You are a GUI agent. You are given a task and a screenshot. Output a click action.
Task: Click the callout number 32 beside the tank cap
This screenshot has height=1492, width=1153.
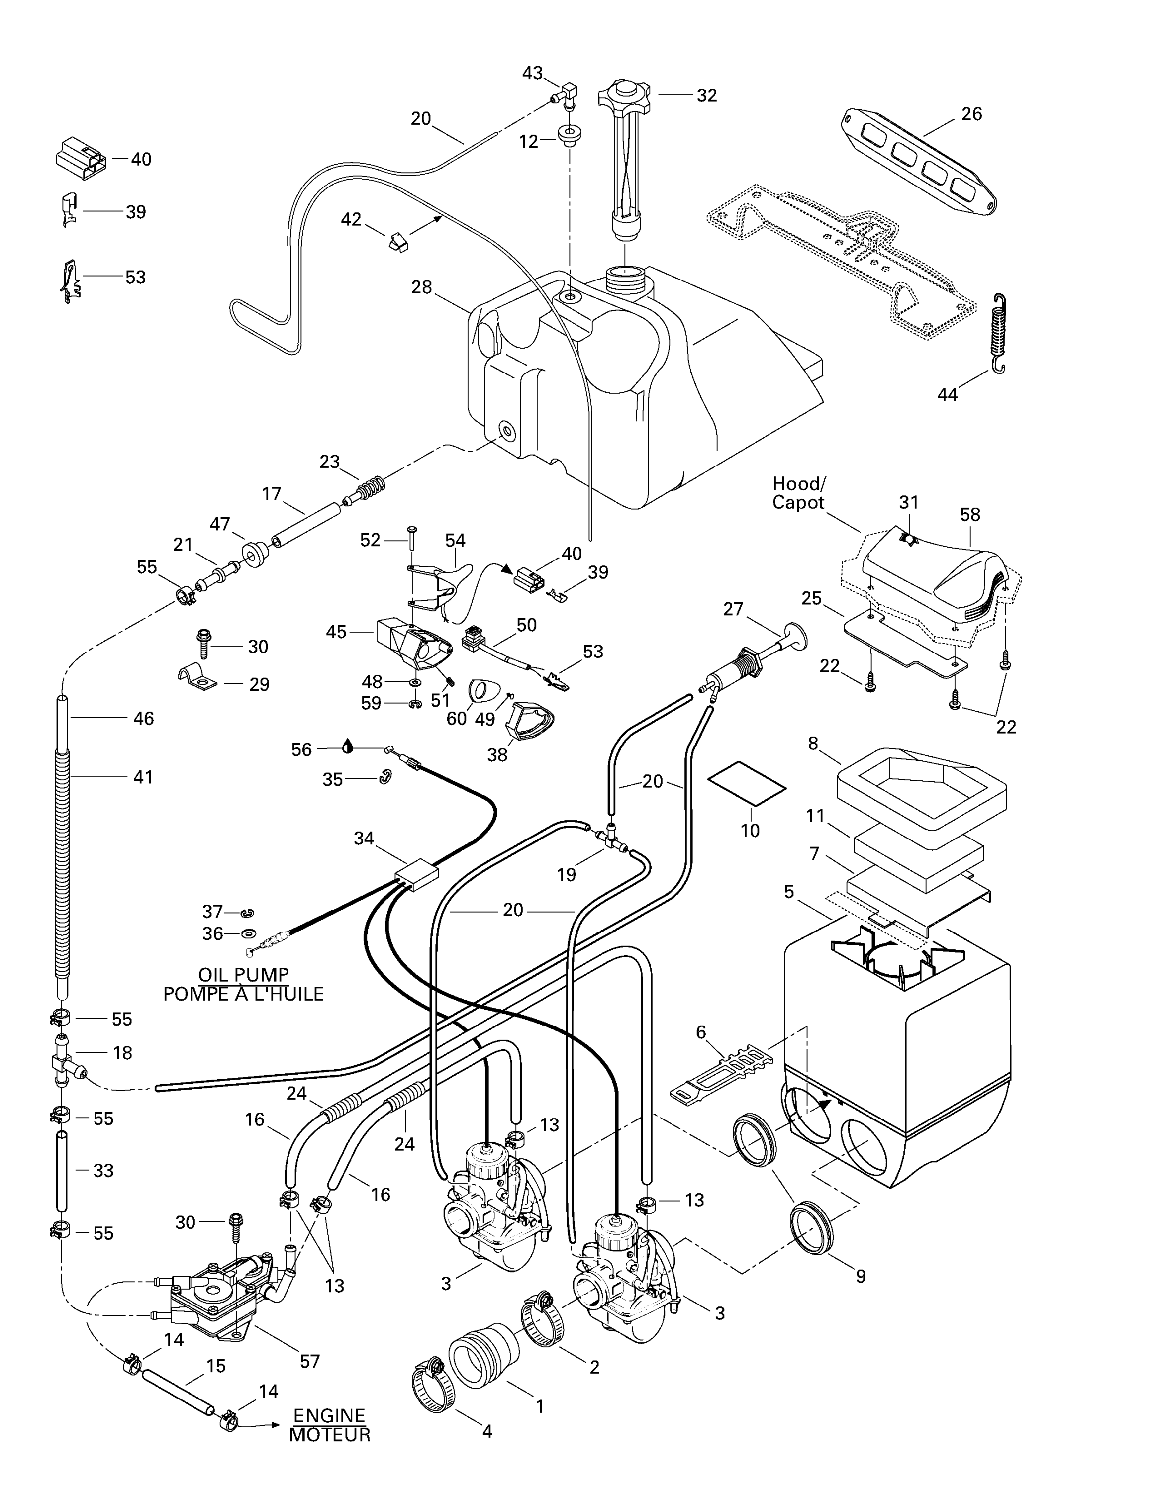pos(706,95)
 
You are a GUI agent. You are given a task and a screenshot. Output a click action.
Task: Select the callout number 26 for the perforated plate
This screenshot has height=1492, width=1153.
pos(971,114)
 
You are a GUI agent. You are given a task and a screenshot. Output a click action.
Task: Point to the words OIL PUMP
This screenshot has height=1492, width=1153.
pos(243,975)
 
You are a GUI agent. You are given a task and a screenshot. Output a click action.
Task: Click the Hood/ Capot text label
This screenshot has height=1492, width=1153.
pos(798,493)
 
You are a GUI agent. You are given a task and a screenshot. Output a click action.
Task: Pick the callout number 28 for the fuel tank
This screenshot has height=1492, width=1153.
pos(421,287)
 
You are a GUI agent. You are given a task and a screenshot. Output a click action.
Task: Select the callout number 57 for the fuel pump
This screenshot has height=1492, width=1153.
pos(309,1362)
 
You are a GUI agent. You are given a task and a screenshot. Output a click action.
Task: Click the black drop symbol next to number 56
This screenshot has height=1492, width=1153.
pos(348,746)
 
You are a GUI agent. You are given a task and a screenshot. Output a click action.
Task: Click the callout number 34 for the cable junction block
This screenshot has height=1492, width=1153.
pos(364,838)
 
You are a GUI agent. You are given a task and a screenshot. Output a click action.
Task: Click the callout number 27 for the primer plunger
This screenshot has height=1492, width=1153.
pos(733,609)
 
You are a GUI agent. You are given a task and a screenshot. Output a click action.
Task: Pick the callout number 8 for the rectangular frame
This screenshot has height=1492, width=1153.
pos(813,744)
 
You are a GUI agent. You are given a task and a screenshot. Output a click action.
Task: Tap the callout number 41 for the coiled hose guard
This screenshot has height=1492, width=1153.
pos(143,777)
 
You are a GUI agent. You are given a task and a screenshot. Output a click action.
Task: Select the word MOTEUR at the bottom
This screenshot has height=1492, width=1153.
pos(329,1435)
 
